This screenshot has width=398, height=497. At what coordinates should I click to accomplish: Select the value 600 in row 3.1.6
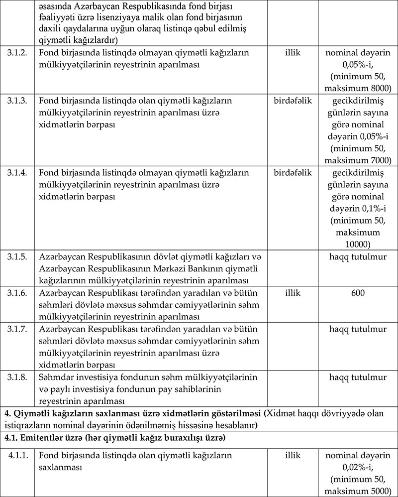(358, 293)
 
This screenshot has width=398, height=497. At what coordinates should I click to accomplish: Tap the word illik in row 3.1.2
(293, 52)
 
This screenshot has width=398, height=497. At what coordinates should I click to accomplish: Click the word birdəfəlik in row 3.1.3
(293, 101)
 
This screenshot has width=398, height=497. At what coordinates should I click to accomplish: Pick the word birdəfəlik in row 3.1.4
(293, 172)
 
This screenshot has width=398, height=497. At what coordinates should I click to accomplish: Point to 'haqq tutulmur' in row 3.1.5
(358, 256)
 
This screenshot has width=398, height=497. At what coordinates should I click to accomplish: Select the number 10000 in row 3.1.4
(358, 244)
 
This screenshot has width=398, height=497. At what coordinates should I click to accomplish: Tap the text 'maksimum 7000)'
(358, 160)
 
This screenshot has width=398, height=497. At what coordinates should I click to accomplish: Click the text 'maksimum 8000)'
(358, 89)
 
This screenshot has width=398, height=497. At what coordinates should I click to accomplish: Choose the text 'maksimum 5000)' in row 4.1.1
(358, 491)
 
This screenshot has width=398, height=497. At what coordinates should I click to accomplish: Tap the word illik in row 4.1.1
(293, 455)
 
